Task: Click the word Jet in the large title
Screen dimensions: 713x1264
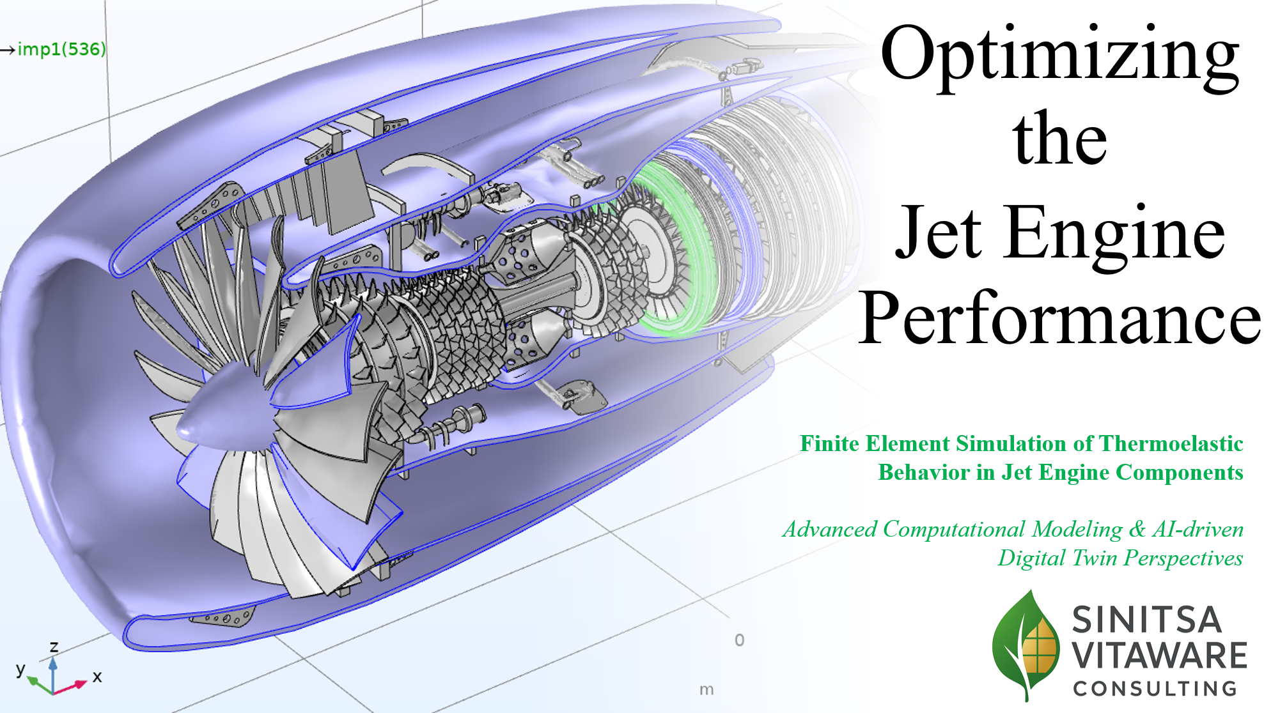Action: tap(938, 233)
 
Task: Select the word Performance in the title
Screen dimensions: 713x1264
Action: tap(1059, 318)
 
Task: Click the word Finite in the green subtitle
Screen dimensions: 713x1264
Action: tap(830, 443)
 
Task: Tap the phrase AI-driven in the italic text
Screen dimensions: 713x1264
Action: tap(1198, 529)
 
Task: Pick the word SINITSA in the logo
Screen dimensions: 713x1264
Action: tap(1146, 620)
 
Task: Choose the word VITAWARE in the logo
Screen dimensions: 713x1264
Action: tap(1159, 655)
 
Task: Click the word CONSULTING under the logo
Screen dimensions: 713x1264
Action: tap(1155, 689)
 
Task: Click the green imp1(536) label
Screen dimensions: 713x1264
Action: tap(61, 49)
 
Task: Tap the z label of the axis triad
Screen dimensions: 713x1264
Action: tap(54, 647)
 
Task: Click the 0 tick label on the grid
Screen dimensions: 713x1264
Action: tap(739, 640)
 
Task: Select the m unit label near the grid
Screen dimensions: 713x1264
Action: tap(706, 689)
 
